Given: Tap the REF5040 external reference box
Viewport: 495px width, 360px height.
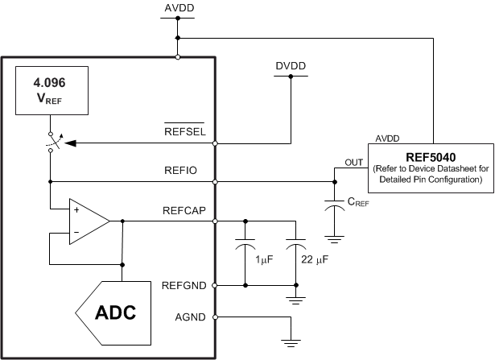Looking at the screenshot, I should (431, 167).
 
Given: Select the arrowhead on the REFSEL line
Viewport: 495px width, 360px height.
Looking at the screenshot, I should (70, 143).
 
